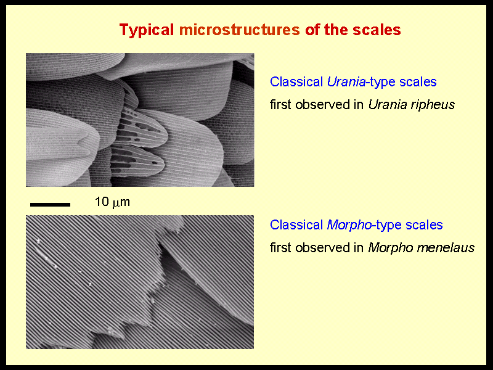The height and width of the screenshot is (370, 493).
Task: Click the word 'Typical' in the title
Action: (x=147, y=30)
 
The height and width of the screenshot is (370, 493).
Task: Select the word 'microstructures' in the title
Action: (x=239, y=30)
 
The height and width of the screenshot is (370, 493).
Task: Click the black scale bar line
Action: (x=50, y=205)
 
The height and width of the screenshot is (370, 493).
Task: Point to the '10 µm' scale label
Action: (x=112, y=202)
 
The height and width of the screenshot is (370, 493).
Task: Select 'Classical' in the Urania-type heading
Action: (x=296, y=82)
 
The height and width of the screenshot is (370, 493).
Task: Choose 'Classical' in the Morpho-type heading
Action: (x=296, y=225)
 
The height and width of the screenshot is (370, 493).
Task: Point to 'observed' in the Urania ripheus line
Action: (x=325, y=105)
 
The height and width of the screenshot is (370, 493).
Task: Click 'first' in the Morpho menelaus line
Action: (x=281, y=248)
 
